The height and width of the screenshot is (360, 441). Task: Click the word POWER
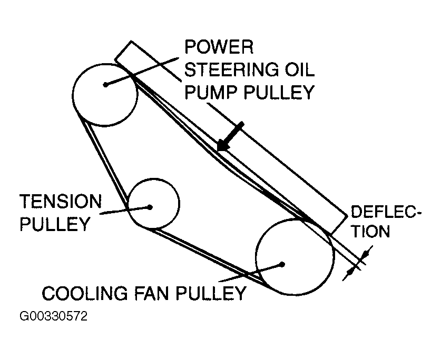219,48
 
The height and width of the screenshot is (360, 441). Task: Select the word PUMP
211,93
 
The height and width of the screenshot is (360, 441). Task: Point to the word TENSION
60,201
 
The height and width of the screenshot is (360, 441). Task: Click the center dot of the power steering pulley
106,84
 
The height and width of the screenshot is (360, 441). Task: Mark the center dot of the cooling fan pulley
283,264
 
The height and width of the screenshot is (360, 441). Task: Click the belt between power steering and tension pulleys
108,163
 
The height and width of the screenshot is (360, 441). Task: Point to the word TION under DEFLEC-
370,232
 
